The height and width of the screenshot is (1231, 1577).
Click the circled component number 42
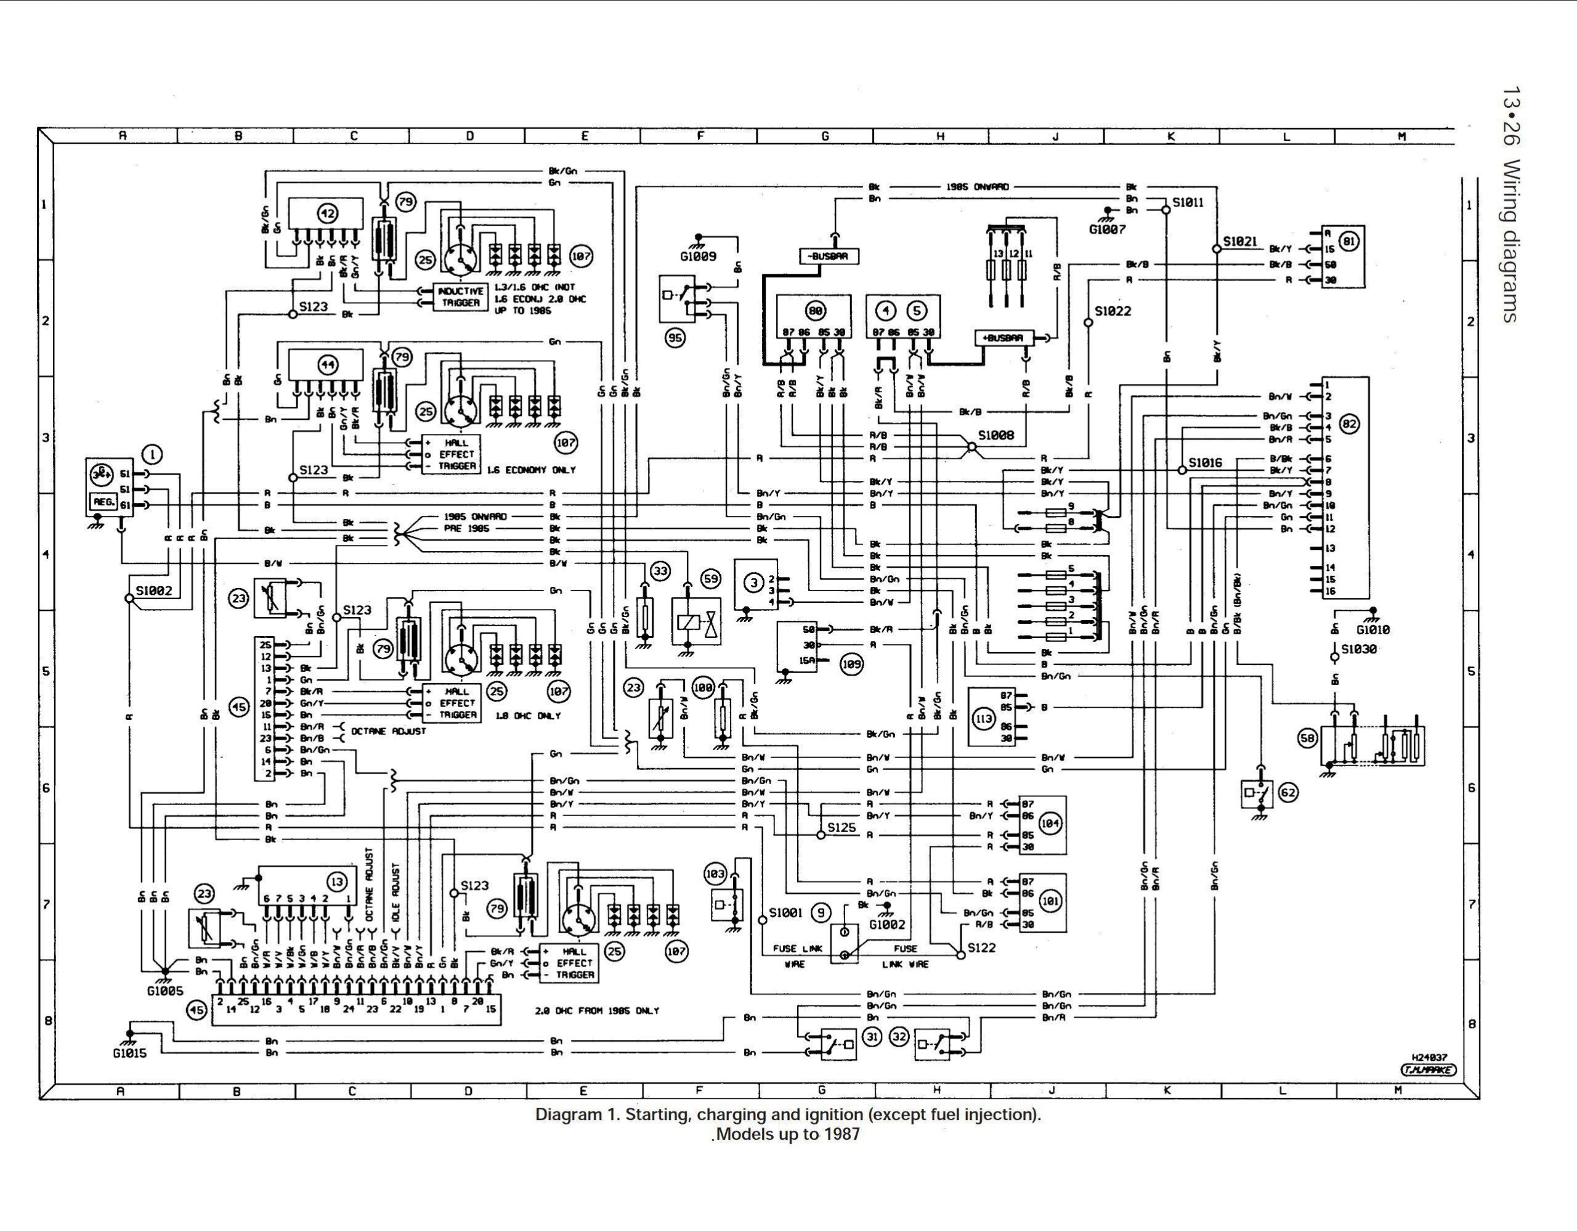tap(328, 213)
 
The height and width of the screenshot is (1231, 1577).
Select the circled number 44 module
tap(328, 365)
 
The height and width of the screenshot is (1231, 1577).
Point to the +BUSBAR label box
tap(1003, 338)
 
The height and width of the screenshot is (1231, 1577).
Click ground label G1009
tap(697, 256)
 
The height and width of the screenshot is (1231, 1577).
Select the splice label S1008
tap(995, 435)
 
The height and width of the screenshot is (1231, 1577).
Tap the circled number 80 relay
tap(815, 311)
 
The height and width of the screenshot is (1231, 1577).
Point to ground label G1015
tap(129, 1053)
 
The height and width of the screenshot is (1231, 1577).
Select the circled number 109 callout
tap(851, 664)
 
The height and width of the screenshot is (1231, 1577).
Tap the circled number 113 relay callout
tap(983, 719)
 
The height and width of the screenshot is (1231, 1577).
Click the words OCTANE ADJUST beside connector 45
tap(389, 731)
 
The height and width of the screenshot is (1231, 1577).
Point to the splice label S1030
tap(1359, 648)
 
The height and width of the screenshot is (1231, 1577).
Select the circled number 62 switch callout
tap(1287, 793)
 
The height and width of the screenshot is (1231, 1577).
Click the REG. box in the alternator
tap(104, 502)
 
